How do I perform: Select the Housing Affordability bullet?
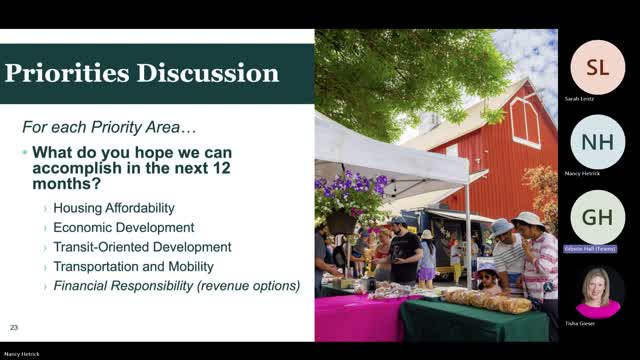(x=113, y=208)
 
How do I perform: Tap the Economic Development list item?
(x=118, y=227)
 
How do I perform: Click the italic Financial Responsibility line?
(x=176, y=286)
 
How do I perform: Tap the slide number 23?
(x=14, y=327)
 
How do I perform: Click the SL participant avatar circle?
(x=597, y=67)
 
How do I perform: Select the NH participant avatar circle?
(x=597, y=142)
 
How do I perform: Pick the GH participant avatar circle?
(x=597, y=216)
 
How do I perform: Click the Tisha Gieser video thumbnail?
(x=597, y=293)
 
